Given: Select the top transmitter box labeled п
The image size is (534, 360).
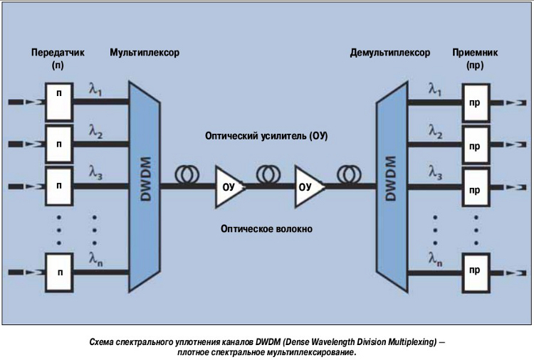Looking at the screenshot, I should (60, 102).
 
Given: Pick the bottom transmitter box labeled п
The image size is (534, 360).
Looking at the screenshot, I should (60, 272).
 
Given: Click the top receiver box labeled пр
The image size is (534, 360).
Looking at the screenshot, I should (474, 102).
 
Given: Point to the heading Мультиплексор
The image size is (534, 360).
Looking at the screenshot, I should (145, 53).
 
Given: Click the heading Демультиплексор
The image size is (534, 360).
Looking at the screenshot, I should (390, 53).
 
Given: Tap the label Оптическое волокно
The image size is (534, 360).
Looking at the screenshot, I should (266, 229).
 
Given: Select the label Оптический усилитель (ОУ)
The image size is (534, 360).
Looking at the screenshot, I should (266, 135).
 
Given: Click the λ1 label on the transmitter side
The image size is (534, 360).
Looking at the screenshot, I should (95, 90).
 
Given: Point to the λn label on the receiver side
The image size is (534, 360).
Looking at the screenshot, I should (435, 260).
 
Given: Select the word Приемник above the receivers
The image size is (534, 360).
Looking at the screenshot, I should (473, 53).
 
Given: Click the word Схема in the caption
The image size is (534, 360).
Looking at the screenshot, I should (103, 342).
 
